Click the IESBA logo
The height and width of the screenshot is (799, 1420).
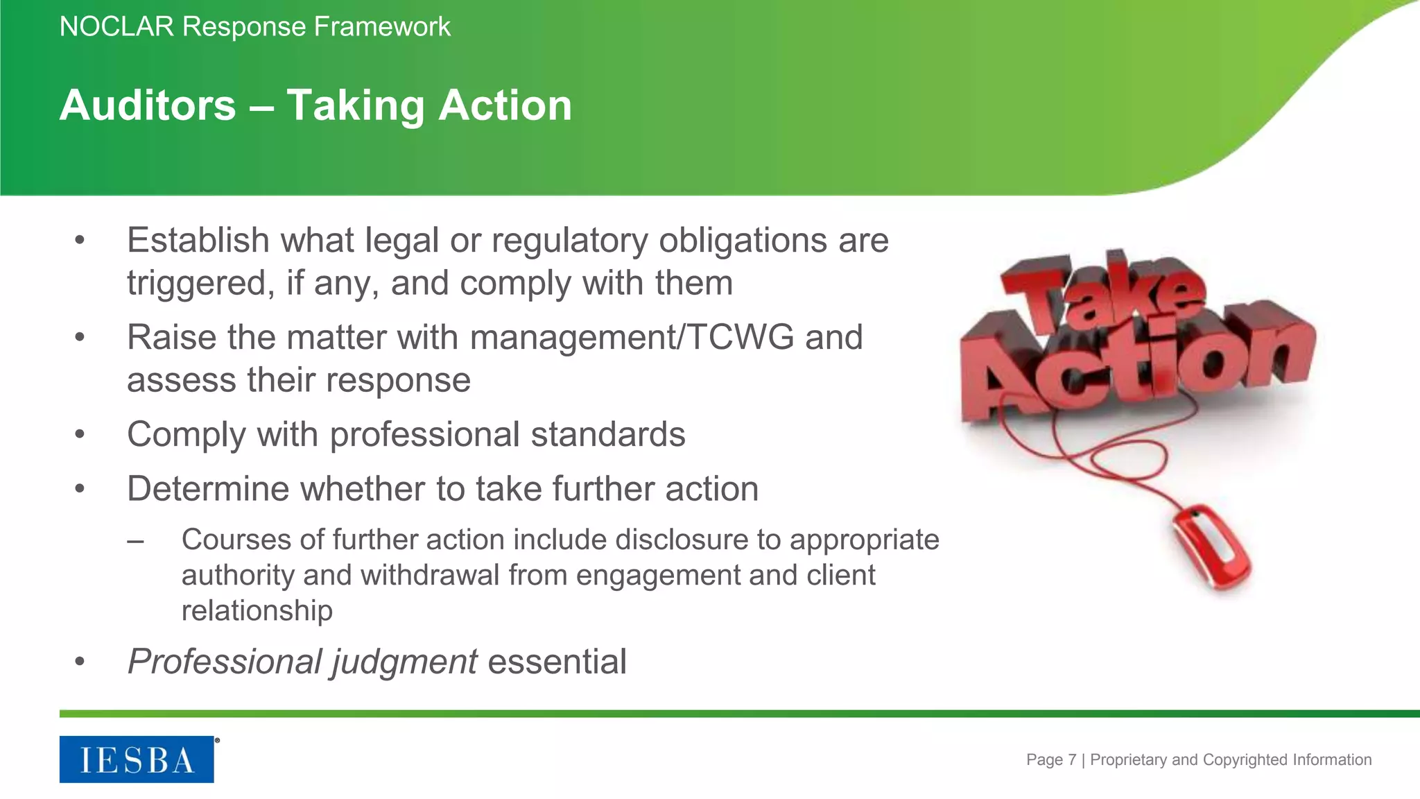click(137, 759)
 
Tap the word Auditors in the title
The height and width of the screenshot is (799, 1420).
click(148, 105)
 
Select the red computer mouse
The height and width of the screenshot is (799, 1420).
click(1211, 548)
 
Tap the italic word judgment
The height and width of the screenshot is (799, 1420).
click(403, 662)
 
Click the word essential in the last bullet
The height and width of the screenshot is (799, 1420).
click(557, 662)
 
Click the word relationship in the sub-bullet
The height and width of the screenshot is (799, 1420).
click(257, 611)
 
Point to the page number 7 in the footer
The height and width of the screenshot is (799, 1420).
click(1072, 760)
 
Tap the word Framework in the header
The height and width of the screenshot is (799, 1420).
click(382, 27)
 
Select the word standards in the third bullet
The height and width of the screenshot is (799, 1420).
click(608, 435)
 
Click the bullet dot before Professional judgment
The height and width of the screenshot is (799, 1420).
click(80, 662)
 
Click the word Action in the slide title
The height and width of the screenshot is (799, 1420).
click(505, 105)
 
